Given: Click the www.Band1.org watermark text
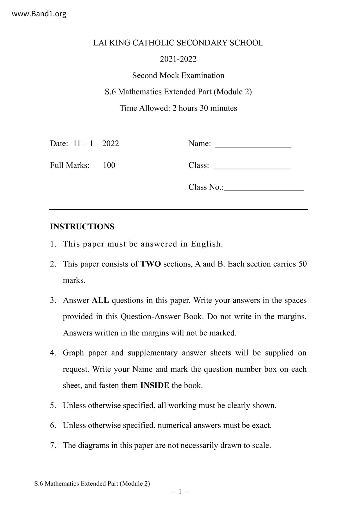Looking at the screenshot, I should (39, 14).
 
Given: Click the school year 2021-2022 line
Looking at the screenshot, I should (178, 59).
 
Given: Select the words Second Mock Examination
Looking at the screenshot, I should (178, 75).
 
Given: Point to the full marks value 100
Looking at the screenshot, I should (109, 165).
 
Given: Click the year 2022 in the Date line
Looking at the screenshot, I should (111, 144).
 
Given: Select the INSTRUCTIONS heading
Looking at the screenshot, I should (82, 227).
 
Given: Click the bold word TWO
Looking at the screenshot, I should (151, 264).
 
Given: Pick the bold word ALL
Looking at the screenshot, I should (100, 300).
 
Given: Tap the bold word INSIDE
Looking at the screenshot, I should (154, 385).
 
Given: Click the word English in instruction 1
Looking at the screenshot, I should (206, 244).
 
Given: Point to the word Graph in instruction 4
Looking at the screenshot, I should (73, 353).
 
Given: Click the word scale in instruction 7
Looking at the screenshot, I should (261, 445).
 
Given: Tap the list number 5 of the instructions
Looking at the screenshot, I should (53, 405).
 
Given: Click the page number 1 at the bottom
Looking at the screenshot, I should (180, 492).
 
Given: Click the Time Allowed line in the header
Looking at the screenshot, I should (178, 108).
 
